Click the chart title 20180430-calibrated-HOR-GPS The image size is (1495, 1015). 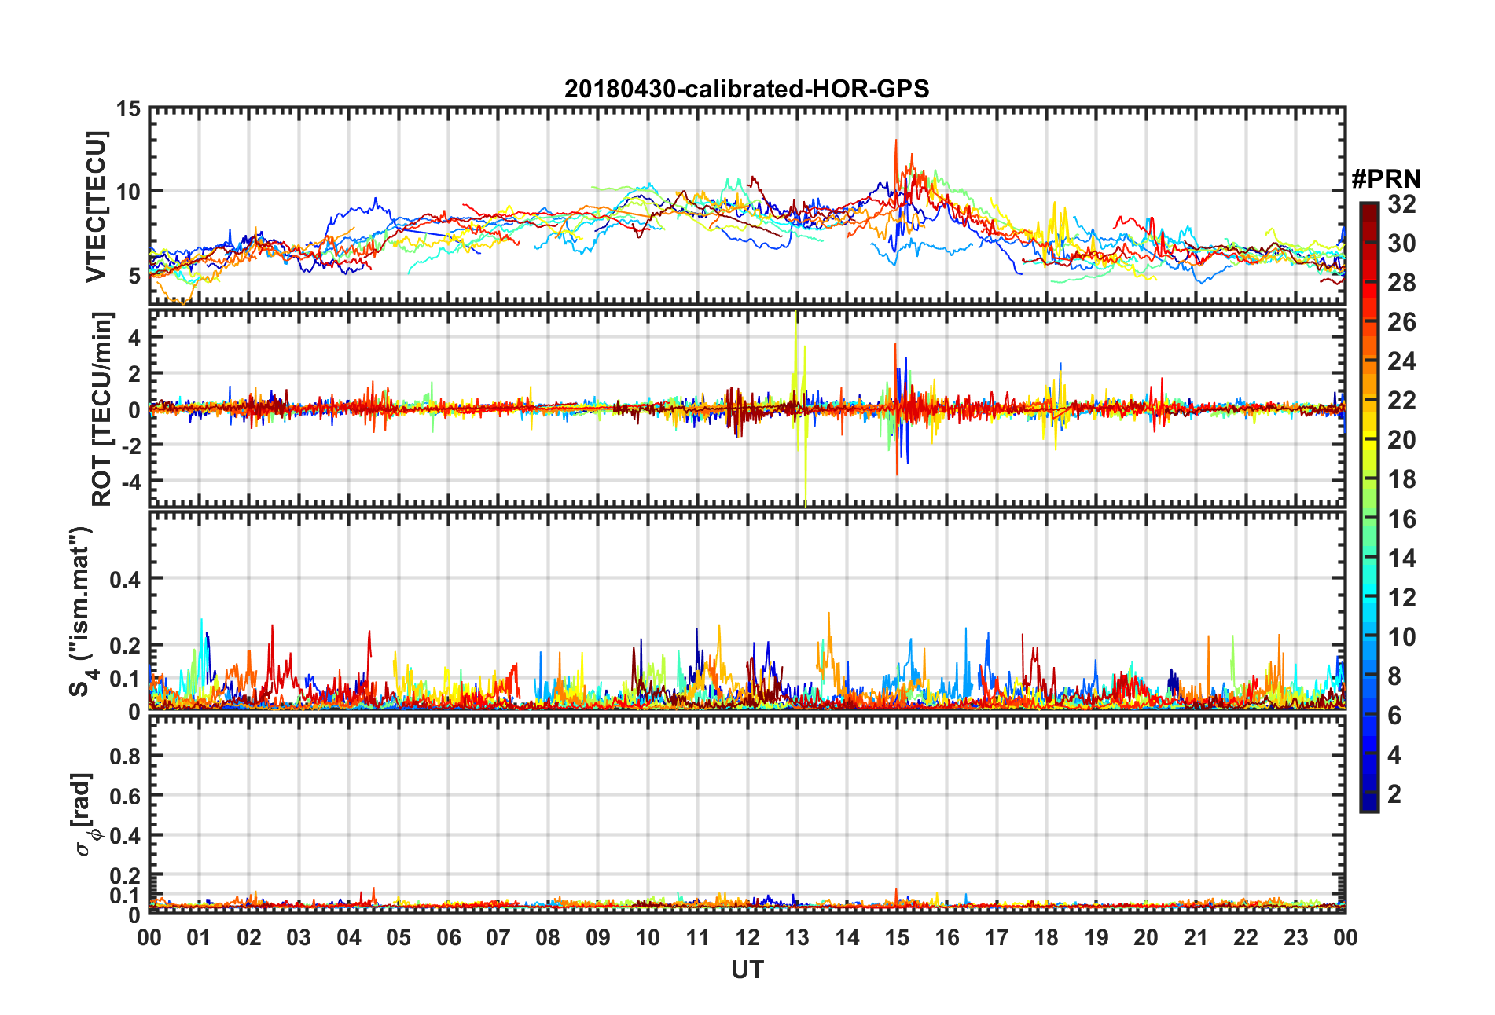pos(747,89)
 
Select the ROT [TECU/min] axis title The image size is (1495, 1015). pos(101,409)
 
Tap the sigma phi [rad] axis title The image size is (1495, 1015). pos(83,815)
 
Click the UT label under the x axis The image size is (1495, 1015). pos(747,970)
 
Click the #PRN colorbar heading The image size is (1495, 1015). pos(1386,179)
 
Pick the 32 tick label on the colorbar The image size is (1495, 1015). pos(1401,204)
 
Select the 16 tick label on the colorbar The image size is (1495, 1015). pos(1401,519)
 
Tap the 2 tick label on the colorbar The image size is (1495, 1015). pos(1394,794)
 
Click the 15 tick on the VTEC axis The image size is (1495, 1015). pos(128,109)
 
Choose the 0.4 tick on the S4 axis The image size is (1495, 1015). pos(125,580)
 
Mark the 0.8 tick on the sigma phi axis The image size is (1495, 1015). pos(125,757)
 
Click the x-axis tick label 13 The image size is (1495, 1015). pos(797,938)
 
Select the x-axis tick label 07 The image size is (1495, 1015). pos(498,938)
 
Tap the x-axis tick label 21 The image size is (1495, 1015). pos(1196,938)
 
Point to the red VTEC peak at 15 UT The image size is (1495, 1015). pos(895,143)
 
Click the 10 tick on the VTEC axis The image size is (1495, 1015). pos(128,192)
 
